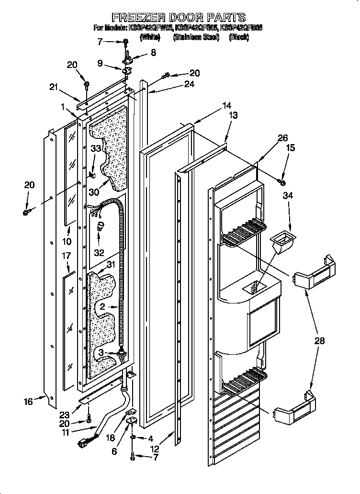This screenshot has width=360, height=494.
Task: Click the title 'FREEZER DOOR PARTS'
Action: (x=179, y=18)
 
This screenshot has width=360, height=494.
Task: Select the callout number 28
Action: (x=319, y=341)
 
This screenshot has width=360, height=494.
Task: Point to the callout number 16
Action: (x=28, y=402)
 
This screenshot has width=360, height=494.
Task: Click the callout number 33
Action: (x=96, y=149)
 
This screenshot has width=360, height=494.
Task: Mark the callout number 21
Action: (x=54, y=87)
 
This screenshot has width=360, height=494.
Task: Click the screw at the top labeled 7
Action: (x=125, y=43)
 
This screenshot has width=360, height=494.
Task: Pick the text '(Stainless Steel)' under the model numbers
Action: (x=196, y=37)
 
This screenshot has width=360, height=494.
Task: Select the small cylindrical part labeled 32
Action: (x=101, y=225)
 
